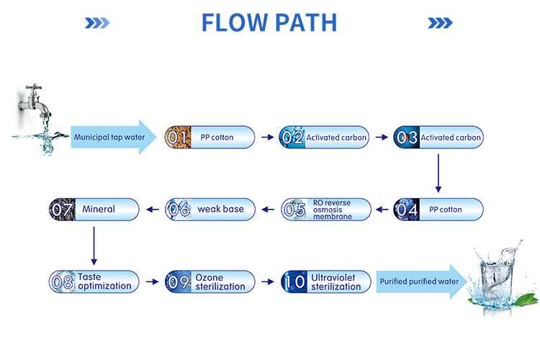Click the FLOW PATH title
tap(269, 22)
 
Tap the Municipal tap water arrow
tap(112, 137)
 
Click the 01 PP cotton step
tap(210, 137)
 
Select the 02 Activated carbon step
tap(324, 137)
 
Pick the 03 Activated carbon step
tap(438, 137)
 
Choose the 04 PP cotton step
tap(438, 210)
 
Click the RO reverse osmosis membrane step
tap(325, 210)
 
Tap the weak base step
tap(210, 210)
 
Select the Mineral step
tap(94, 210)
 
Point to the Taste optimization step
tap(94, 282)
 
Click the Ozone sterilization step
tap(210, 282)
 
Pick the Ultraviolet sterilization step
tap(325, 282)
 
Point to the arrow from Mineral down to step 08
tap(94, 245)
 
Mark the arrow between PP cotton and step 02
tap(267, 137)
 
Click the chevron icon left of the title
tap(96, 23)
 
